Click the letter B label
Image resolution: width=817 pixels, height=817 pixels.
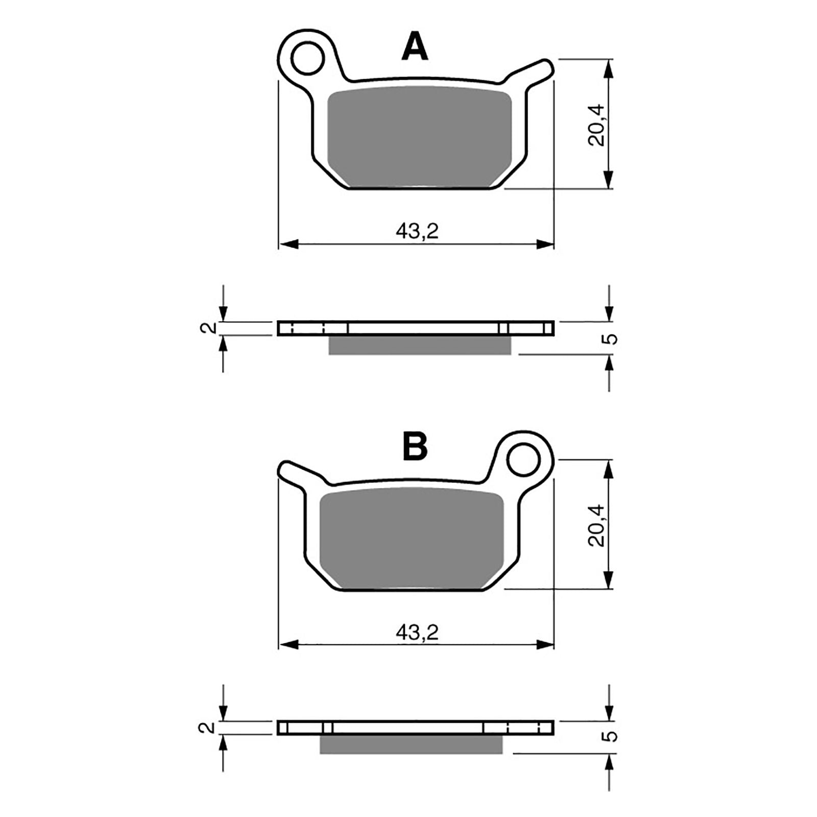tap(415, 447)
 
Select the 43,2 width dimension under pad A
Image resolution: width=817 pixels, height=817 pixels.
tap(417, 232)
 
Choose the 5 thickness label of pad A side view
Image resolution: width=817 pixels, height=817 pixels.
tap(612, 339)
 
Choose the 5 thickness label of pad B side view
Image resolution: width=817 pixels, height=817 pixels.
tap(612, 736)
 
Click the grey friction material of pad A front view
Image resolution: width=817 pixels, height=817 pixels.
tap(419, 138)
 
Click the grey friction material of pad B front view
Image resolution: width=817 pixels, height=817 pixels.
tap(412, 539)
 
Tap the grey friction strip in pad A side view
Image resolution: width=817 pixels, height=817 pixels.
tap(419, 345)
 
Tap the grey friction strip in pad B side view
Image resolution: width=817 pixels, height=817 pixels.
tap(412, 744)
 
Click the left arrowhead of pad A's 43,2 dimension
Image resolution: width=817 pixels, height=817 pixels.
tap(289, 244)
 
